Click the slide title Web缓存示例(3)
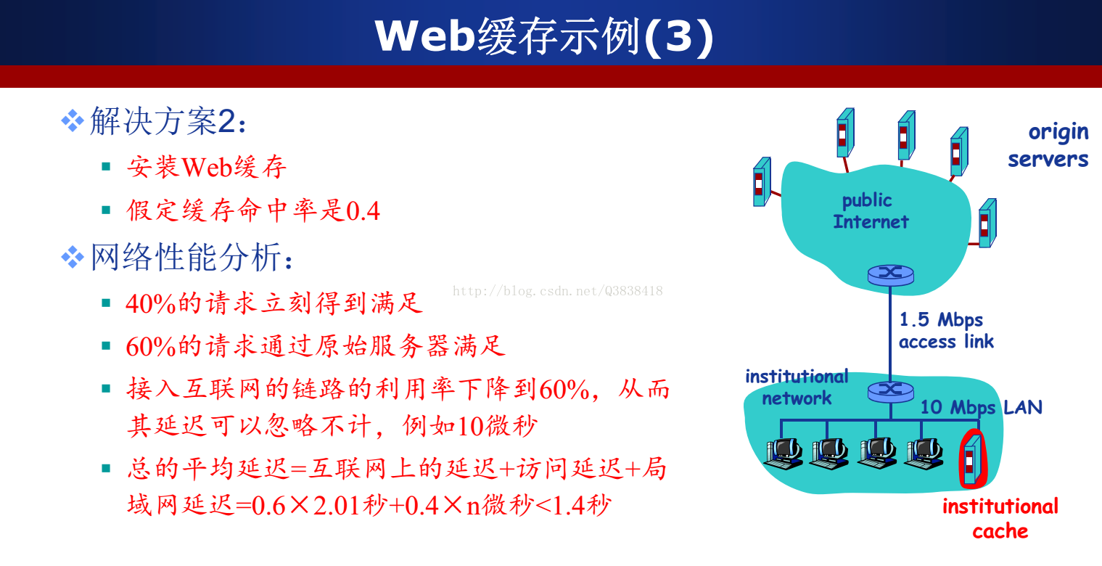(x=543, y=36)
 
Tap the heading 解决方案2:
(x=168, y=121)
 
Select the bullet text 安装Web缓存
(x=207, y=167)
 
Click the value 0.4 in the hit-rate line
(x=363, y=211)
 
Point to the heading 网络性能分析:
(x=192, y=257)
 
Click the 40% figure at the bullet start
(x=151, y=303)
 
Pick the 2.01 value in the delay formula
(x=337, y=506)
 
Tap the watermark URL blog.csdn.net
(x=557, y=291)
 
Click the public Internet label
(x=871, y=211)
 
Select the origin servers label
(x=1048, y=146)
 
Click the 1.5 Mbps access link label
(x=946, y=330)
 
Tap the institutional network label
(x=797, y=387)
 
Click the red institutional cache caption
(x=1000, y=519)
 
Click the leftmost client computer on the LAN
(x=784, y=454)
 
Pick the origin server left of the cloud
(x=762, y=181)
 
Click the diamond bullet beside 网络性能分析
(x=73, y=257)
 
